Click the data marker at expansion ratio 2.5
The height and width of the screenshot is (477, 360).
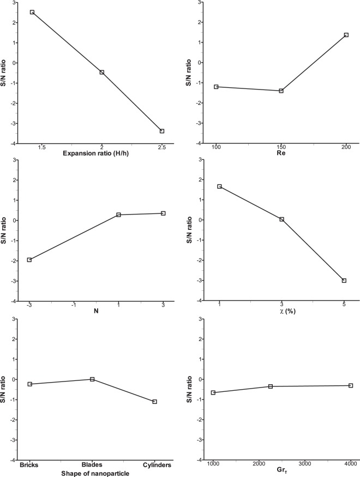tap(162, 131)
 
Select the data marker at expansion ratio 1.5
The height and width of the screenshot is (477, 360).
tap(32, 12)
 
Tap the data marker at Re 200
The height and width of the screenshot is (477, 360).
tap(346, 35)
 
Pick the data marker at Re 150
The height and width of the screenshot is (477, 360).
tap(281, 91)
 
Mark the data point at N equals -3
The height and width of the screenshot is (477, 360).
tap(29, 260)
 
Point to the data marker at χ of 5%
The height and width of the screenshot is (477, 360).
tap(344, 281)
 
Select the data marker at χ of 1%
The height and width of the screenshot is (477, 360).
tap(219, 187)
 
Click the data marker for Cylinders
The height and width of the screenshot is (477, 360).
tap(155, 402)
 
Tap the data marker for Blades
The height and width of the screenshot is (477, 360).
tap(92, 379)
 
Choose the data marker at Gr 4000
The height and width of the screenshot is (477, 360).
tap(351, 385)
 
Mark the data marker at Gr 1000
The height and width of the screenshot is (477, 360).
tap(213, 392)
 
